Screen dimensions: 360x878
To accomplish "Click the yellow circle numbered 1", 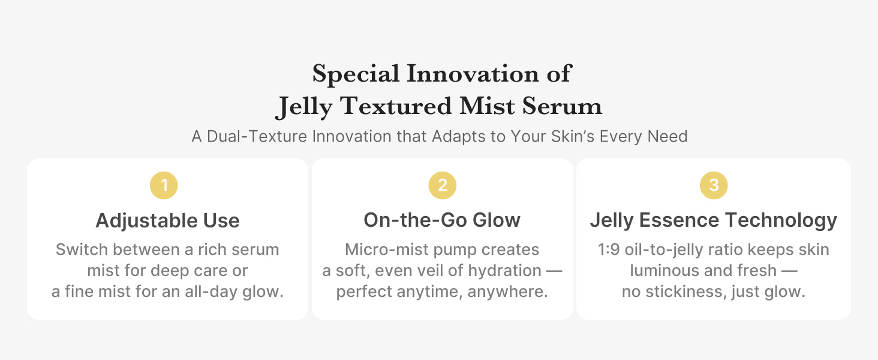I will (164, 185).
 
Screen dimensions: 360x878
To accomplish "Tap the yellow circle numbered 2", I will (443, 185).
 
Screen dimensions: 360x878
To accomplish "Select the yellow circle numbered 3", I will (714, 185).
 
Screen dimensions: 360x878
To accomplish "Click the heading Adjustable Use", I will (167, 221).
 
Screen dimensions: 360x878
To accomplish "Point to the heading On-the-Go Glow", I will (442, 220).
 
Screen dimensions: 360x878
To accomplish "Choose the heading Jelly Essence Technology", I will (713, 220).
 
